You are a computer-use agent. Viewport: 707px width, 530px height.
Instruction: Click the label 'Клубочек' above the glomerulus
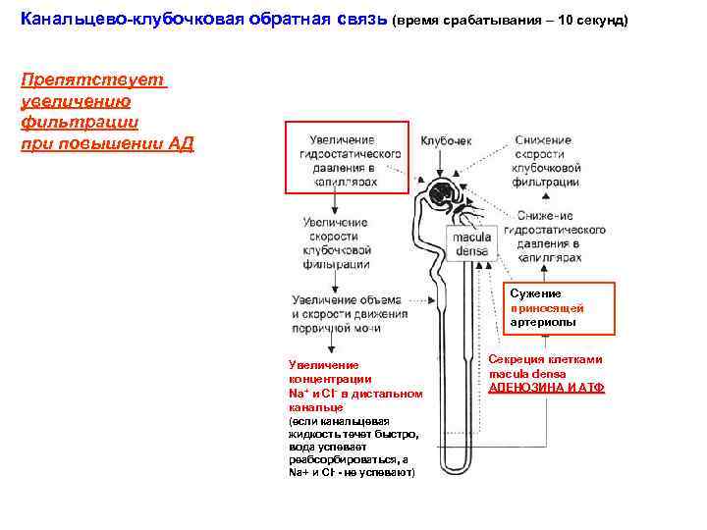coord(446,141)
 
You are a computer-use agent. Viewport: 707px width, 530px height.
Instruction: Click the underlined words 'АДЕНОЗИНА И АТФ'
coord(547,388)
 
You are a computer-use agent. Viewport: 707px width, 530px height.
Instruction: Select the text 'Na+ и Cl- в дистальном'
coord(354,394)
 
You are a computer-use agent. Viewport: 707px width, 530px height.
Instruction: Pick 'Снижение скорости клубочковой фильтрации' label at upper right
coord(546,161)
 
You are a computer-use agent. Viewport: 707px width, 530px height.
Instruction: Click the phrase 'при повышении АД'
coord(107,144)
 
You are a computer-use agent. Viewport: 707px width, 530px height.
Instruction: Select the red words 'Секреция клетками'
coord(546,359)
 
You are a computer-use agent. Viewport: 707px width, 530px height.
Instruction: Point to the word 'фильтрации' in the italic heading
coord(79,123)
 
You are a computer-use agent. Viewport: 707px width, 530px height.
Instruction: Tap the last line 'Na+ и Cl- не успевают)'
coord(352,472)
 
